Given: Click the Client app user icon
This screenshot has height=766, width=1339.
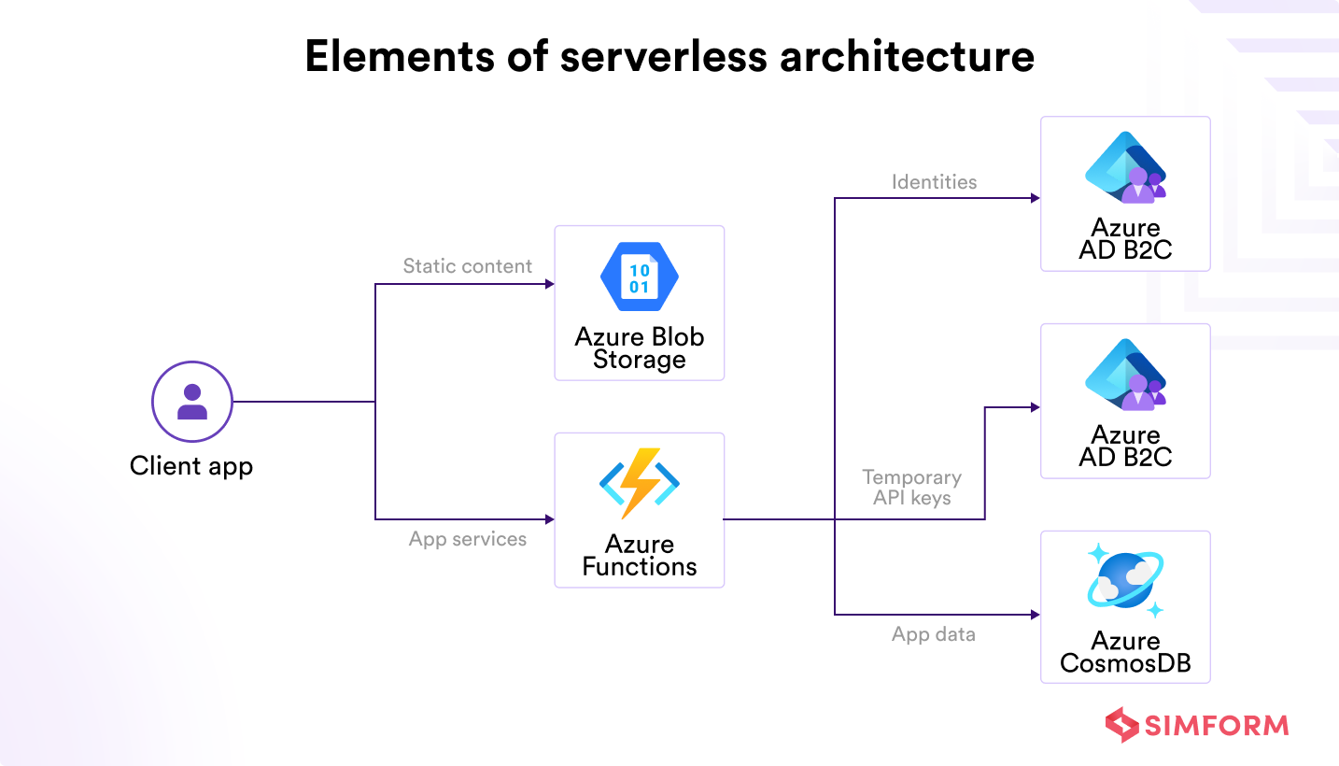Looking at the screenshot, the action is point(191,402).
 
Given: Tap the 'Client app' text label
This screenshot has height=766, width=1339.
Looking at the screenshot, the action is point(191,466).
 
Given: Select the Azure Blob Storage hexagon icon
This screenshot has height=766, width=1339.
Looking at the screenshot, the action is point(639,277).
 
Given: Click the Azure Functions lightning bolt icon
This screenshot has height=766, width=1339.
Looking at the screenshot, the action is point(639,483).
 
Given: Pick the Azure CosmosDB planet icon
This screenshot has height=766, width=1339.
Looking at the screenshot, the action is point(1125,580).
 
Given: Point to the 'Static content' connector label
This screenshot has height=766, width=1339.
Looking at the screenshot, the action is point(468,266).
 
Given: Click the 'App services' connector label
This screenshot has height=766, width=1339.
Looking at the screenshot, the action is point(468,539).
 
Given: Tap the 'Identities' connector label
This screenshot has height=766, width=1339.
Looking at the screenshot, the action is point(935,182).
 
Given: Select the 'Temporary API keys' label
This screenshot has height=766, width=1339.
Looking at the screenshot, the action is point(911,488).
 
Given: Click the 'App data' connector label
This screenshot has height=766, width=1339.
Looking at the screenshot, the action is point(934,634).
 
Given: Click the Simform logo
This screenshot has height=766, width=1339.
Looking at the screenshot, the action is point(1197,725).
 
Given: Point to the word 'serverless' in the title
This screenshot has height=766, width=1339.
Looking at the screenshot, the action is point(664,56).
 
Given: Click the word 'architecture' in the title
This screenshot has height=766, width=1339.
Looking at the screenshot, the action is point(907,56).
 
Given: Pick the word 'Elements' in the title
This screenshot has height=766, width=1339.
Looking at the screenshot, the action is point(400,56).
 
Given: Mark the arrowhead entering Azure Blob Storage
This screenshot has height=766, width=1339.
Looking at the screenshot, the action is point(550,284).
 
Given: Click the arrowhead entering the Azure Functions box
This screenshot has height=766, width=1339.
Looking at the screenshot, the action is point(550,519).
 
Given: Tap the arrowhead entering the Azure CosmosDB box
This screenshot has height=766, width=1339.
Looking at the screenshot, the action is point(1036,614).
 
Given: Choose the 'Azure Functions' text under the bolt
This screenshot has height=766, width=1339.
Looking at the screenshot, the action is point(640,556).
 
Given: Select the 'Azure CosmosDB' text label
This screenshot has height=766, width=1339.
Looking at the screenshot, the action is point(1125,652).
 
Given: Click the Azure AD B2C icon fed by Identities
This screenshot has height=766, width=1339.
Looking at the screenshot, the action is point(1125,167).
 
